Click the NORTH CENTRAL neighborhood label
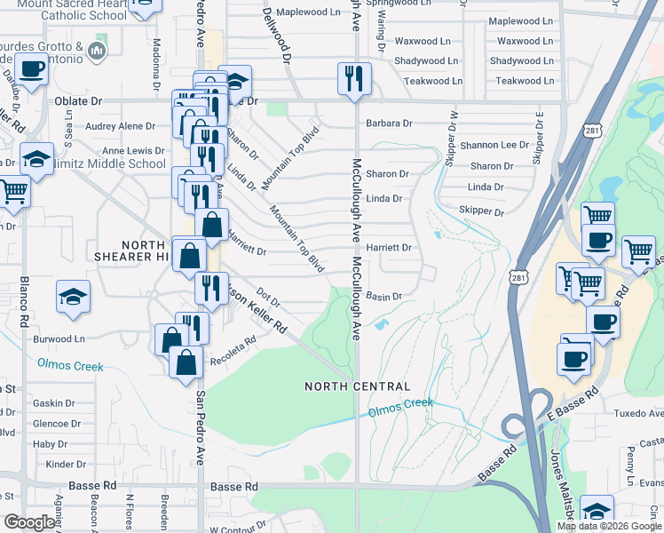click(x=357, y=386)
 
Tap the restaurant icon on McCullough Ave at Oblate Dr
click(x=353, y=79)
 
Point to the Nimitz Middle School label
click(x=115, y=163)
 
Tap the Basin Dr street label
click(x=384, y=296)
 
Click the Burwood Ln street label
click(x=60, y=338)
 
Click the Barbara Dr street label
click(x=389, y=123)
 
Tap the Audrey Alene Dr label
click(x=120, y=126)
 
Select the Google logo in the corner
click(x=29, y=522)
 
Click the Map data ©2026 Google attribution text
click(x=609, y=526)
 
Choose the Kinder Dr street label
click(x=66, y=464)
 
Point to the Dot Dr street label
click(x=268, y=298)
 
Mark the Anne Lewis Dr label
click(x=133, y=151)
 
